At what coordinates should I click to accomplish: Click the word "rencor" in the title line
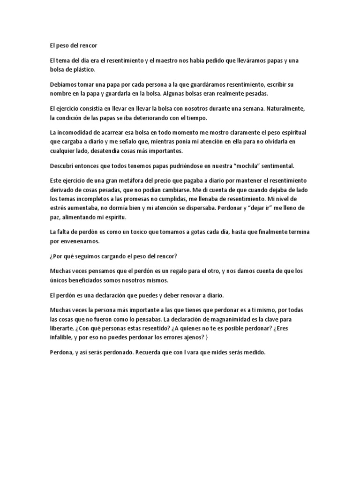(88, 45)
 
